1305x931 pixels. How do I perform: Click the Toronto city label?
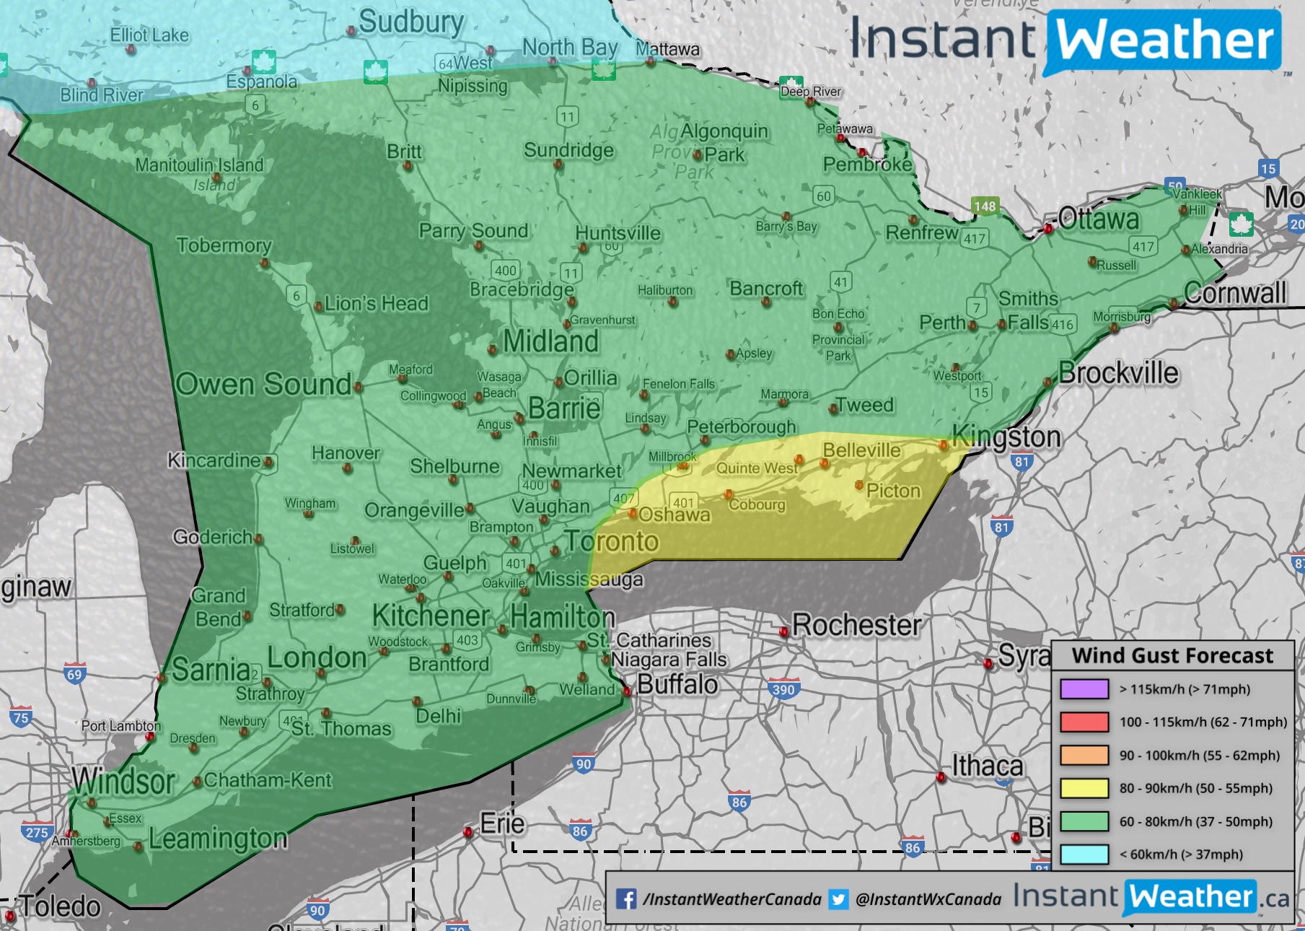click(x=612, y=541)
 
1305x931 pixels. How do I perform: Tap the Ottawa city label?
click(x=1099, y=219)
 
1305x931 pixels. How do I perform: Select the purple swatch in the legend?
click(x=1084, y=689)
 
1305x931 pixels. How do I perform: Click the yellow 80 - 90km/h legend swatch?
click(x=1084, y=788)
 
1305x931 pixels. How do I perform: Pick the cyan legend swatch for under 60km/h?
click(x=1084, y=854)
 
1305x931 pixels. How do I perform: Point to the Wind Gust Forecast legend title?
click(x=1172, y=655)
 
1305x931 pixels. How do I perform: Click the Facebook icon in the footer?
click(x=626, y=899)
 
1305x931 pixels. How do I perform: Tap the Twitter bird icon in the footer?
click(x=838, y=899)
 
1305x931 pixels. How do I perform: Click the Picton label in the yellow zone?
click(x=893, y=491)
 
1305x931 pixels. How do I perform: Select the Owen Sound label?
click(x=263, y=384)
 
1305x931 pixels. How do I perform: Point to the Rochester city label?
click(x=856, y=625)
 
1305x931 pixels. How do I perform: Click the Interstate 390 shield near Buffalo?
click(x=783, y=689)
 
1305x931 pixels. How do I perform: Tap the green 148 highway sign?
click(x=985, y=206)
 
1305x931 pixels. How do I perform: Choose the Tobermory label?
click(x=224, y=245)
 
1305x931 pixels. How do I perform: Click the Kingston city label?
click(x=1006, y=437)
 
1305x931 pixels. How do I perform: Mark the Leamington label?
click(x=218, y=839)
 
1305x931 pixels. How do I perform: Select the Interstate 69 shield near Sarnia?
click(x=74, y=674)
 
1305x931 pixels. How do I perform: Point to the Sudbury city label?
click(x=411, y=22)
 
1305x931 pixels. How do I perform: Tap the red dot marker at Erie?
click(x=468, y=833)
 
